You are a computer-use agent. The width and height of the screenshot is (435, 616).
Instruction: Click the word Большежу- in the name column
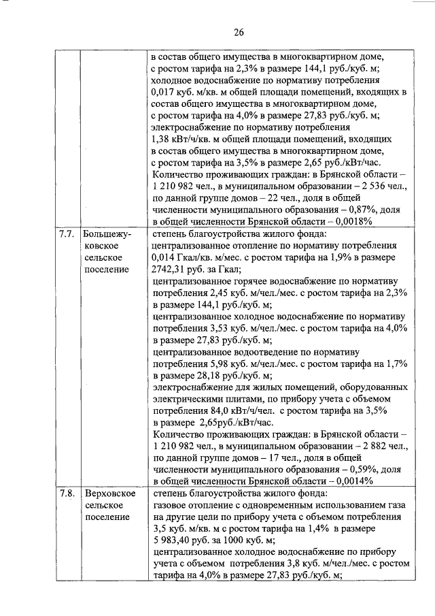[107, 234]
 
